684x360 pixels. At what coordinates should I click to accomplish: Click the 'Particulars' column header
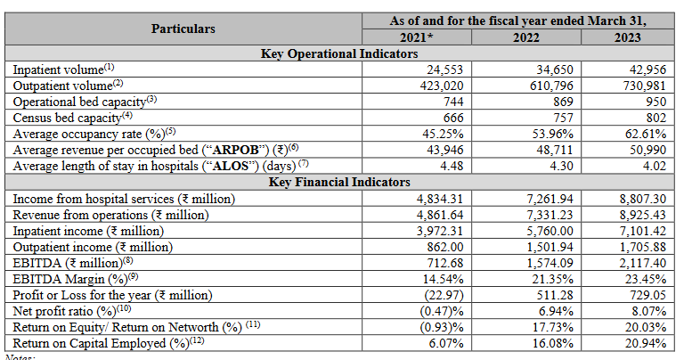click(x=183, y=29)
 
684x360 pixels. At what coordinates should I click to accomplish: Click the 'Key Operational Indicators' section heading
click(x=339, y=53)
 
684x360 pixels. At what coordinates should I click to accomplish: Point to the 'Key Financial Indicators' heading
click(x=339, y=184)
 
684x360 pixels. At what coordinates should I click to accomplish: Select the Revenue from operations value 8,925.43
click(x=639, y=215)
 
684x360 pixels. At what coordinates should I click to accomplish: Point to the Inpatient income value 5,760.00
click(x=543, y=231)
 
